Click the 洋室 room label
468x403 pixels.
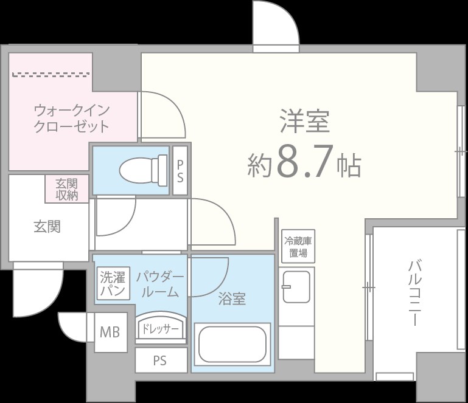coord(304,122)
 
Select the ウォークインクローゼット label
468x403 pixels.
coord(71,119)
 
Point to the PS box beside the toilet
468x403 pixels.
coord(180,171)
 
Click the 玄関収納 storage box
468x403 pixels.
coord(67,189)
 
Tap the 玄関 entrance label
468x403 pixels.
coord(46,227)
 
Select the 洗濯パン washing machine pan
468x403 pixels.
coord(113,284)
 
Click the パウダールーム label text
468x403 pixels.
coord(159,284)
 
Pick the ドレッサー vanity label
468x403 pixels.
coord(159,329)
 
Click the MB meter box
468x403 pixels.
coord(110,332)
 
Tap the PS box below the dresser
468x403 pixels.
coord(159,360)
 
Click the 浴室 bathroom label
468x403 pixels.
coord(232,298)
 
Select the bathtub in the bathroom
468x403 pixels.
coord(232,345)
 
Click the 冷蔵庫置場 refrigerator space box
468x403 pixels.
coord(298,247)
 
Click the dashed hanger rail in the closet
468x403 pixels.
coord(51,75)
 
